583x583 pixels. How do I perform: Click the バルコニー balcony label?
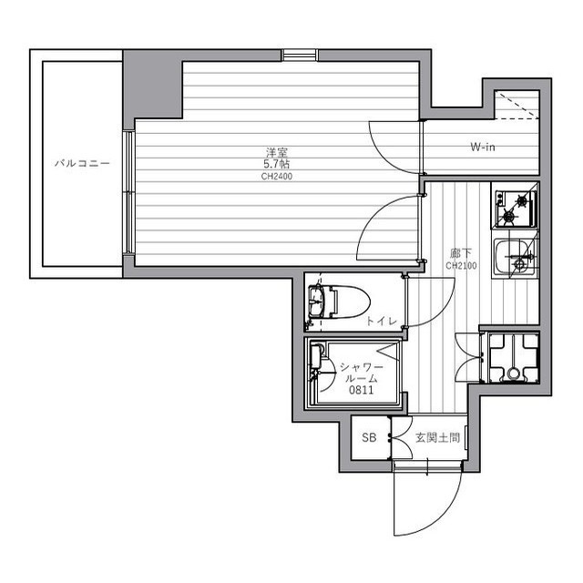point(82,163)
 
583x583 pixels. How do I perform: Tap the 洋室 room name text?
point(277,152)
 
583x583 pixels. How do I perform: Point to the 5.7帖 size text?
point(277,164)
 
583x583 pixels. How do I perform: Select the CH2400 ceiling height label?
point(277,176)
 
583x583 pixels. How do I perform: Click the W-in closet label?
point(483,147)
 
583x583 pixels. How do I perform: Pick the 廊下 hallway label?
point(461,254)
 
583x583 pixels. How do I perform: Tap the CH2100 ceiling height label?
point(461,266)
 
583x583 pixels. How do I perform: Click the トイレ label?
point(382,321)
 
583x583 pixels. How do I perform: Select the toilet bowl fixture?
point(339,302)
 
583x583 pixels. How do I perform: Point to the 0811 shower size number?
point(361,390)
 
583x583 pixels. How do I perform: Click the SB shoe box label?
point(369,437)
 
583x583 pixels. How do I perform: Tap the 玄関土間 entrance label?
point(437,438)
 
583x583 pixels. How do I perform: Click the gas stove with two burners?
point(516,209)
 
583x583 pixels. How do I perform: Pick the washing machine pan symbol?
point(514,358)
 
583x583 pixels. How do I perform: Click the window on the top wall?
point(300,55)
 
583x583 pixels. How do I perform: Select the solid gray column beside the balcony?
point(153,85)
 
